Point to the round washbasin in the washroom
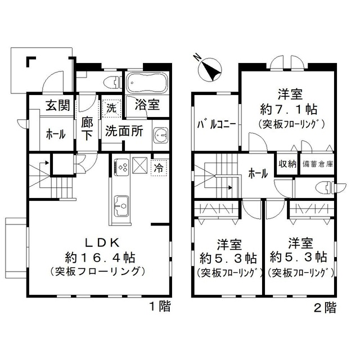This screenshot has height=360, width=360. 161,135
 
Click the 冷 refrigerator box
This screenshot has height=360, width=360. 159,167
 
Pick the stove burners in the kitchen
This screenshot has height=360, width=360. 121,166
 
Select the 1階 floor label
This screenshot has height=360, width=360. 160,307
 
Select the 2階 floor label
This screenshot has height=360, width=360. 326,307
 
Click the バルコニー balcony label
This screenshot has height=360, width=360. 215,125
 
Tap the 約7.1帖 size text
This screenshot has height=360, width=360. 290,108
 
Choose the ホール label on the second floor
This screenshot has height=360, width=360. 258,174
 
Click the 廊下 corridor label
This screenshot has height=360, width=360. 87,128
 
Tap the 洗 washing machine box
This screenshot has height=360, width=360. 110,107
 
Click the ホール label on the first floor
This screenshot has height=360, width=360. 55,134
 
